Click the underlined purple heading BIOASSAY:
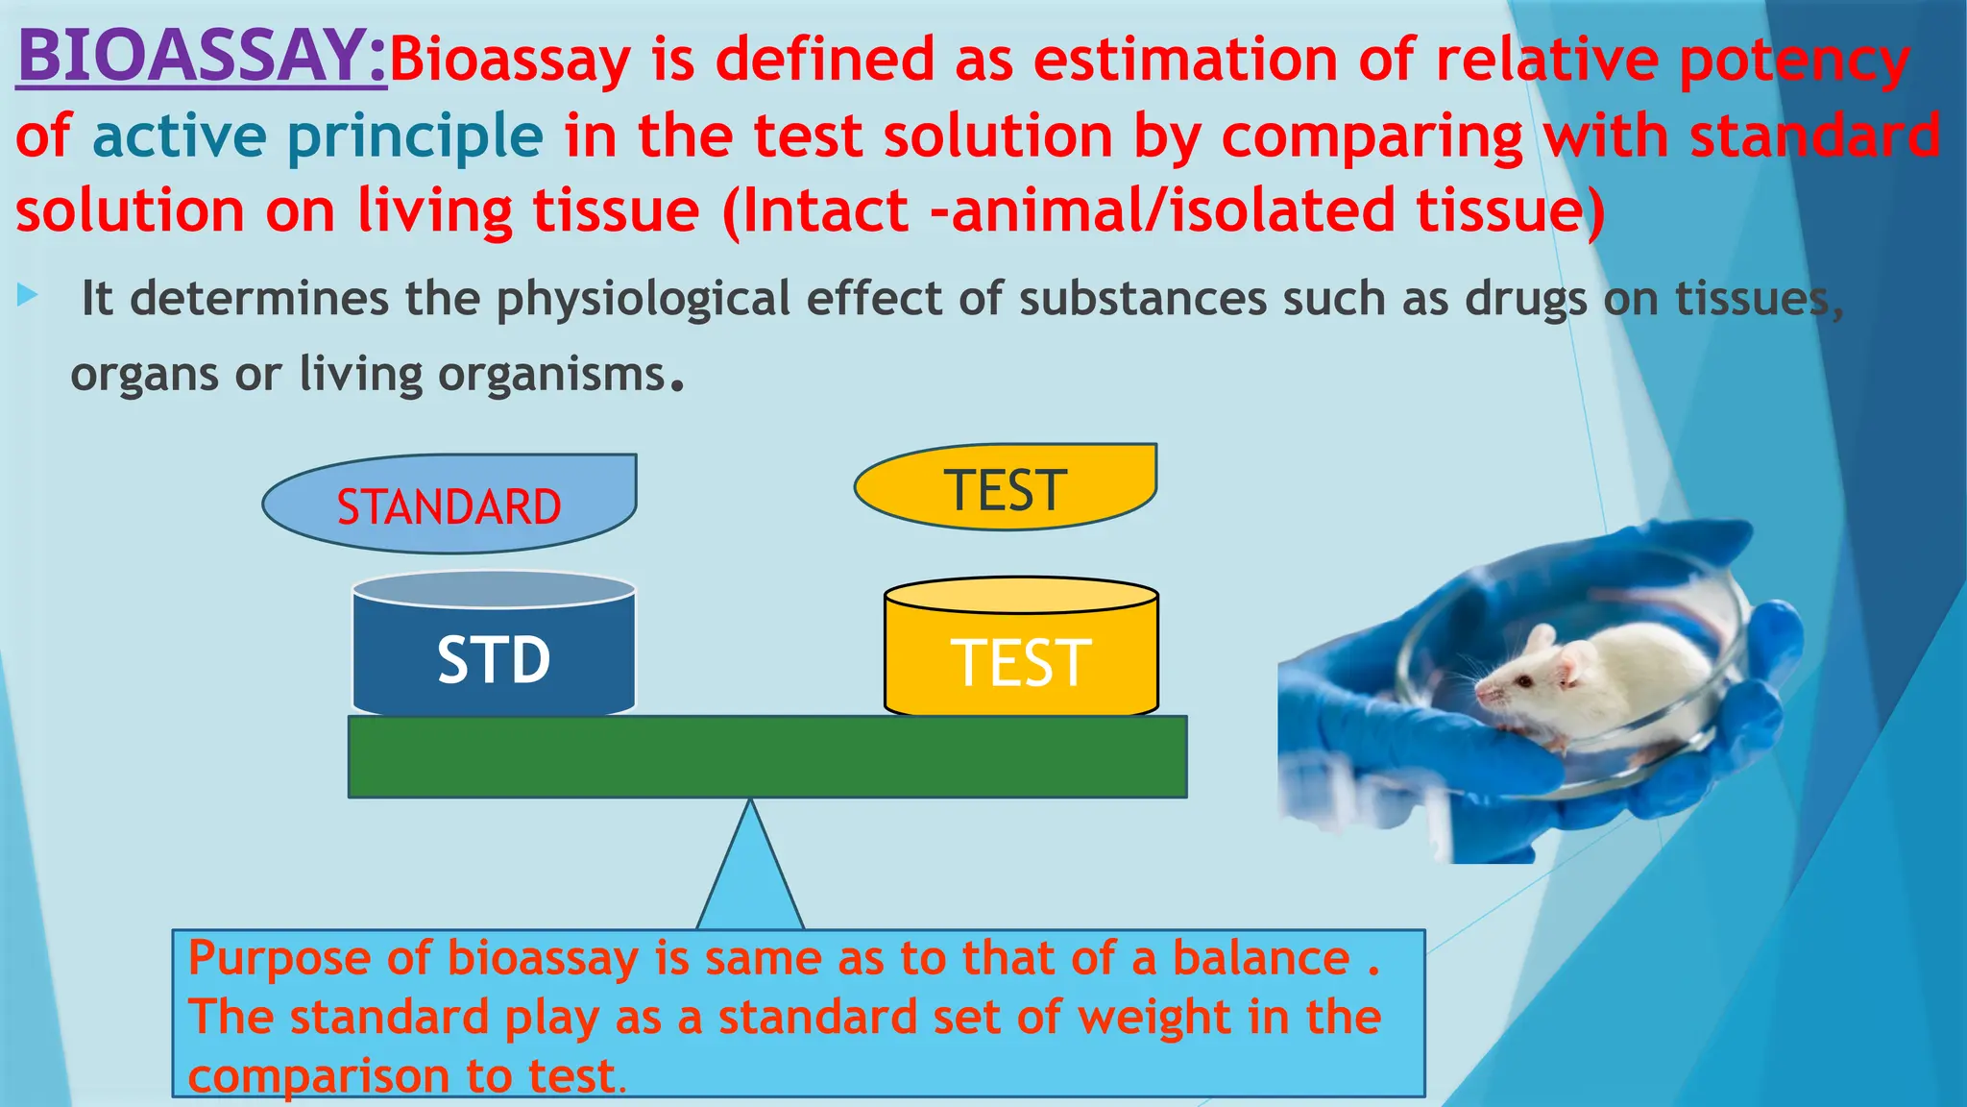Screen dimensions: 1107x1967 (202, 58)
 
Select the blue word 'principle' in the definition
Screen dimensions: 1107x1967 (415, 137)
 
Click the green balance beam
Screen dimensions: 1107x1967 (766, 756)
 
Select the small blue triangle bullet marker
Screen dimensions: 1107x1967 (27, 296)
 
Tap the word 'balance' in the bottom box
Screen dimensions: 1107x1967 (1261, 958)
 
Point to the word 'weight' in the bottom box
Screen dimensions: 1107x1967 (1153, 1017)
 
